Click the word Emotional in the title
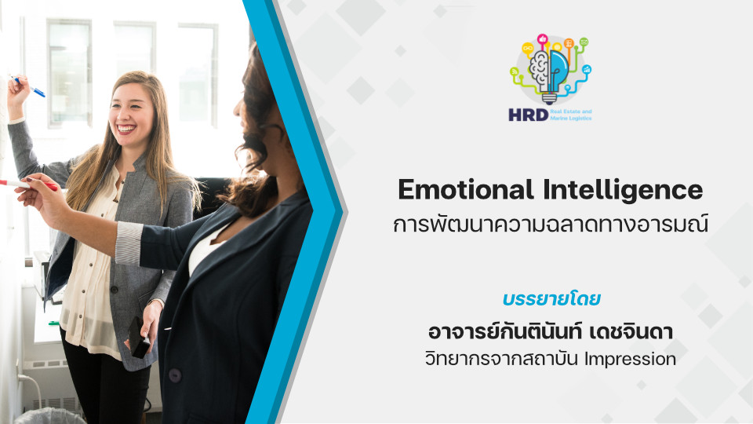465,189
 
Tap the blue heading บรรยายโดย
551,298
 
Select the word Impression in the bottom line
630,359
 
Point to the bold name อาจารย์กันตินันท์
504,331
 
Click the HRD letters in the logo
528,115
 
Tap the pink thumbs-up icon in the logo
543,39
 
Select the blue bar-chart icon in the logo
587,70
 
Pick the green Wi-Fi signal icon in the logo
515,71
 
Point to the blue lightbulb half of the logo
558,70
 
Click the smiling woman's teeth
126,129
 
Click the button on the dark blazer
175,375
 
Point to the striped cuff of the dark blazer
129,243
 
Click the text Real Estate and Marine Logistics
571,115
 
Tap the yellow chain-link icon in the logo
528,48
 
